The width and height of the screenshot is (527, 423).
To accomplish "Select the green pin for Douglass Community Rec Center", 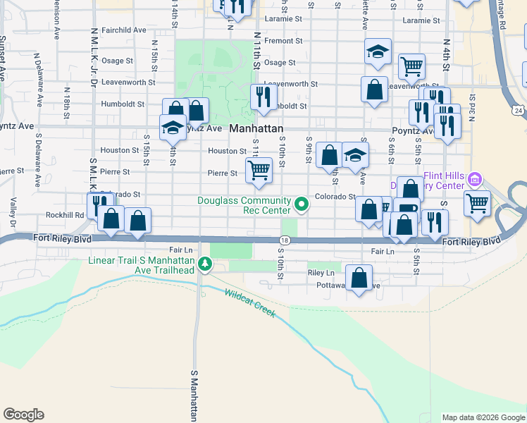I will tap(302, 205).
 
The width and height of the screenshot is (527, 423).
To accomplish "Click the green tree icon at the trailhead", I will tap(205, 265).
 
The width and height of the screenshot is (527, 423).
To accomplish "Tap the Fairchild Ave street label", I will tap(123, 30).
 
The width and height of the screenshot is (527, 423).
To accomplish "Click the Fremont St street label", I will tap(283, 41).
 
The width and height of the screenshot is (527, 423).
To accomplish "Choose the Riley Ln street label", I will tap(321, 273).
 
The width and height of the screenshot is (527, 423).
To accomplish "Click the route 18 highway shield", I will tap(285, 240).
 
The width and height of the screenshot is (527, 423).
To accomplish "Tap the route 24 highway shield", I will tap(519, 111).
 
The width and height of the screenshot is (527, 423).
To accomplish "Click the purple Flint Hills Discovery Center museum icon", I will tap(475, 180).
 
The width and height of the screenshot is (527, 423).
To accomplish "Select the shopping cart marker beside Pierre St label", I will tap(259, 170).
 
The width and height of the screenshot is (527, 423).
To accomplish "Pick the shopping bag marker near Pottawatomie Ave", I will tap(359, 278).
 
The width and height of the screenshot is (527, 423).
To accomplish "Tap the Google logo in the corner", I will tap(23, 415).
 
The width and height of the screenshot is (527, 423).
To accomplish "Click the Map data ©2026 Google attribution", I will tap(483, 417).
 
